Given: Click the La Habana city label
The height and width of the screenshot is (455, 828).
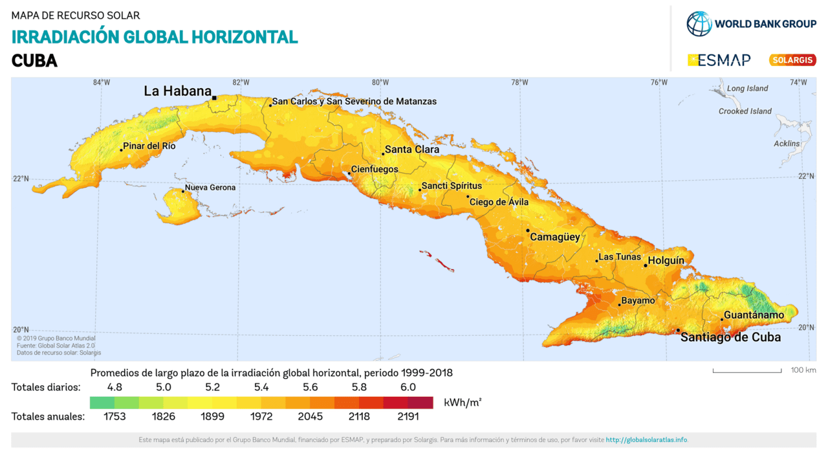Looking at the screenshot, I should tap(177, 91).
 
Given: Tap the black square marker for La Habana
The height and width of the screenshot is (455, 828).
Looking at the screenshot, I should tap(214, 98).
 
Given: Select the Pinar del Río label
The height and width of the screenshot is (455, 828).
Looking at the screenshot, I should tap(149, 146).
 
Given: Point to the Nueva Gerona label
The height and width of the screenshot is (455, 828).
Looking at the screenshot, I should tap(210, 188).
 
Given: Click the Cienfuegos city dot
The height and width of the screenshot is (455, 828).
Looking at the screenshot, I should tap(349, 173).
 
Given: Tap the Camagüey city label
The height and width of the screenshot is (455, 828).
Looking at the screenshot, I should tap(555, 237).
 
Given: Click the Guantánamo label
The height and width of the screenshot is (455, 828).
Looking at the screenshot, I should tap(754, 315).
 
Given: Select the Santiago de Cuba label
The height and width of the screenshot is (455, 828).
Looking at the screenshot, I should tap(730, 337).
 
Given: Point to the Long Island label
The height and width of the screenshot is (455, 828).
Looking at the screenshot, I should tap(747, 89).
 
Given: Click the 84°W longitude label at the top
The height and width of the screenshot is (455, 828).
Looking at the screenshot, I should tap(102, 82).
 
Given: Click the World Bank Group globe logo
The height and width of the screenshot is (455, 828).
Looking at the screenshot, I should tap(699, 24).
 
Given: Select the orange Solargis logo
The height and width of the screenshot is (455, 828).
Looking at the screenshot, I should tap(792, 60).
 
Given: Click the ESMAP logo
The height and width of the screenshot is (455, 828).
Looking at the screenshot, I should tap(719, 60).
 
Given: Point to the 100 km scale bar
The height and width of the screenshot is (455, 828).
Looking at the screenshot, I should tap(747, 371).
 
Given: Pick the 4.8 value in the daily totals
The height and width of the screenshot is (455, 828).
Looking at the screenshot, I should tap(114, 387).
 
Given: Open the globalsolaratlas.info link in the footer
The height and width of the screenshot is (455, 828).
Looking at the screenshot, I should tap(646, 440).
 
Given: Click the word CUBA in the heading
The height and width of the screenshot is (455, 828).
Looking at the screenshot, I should tap(34, 61).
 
